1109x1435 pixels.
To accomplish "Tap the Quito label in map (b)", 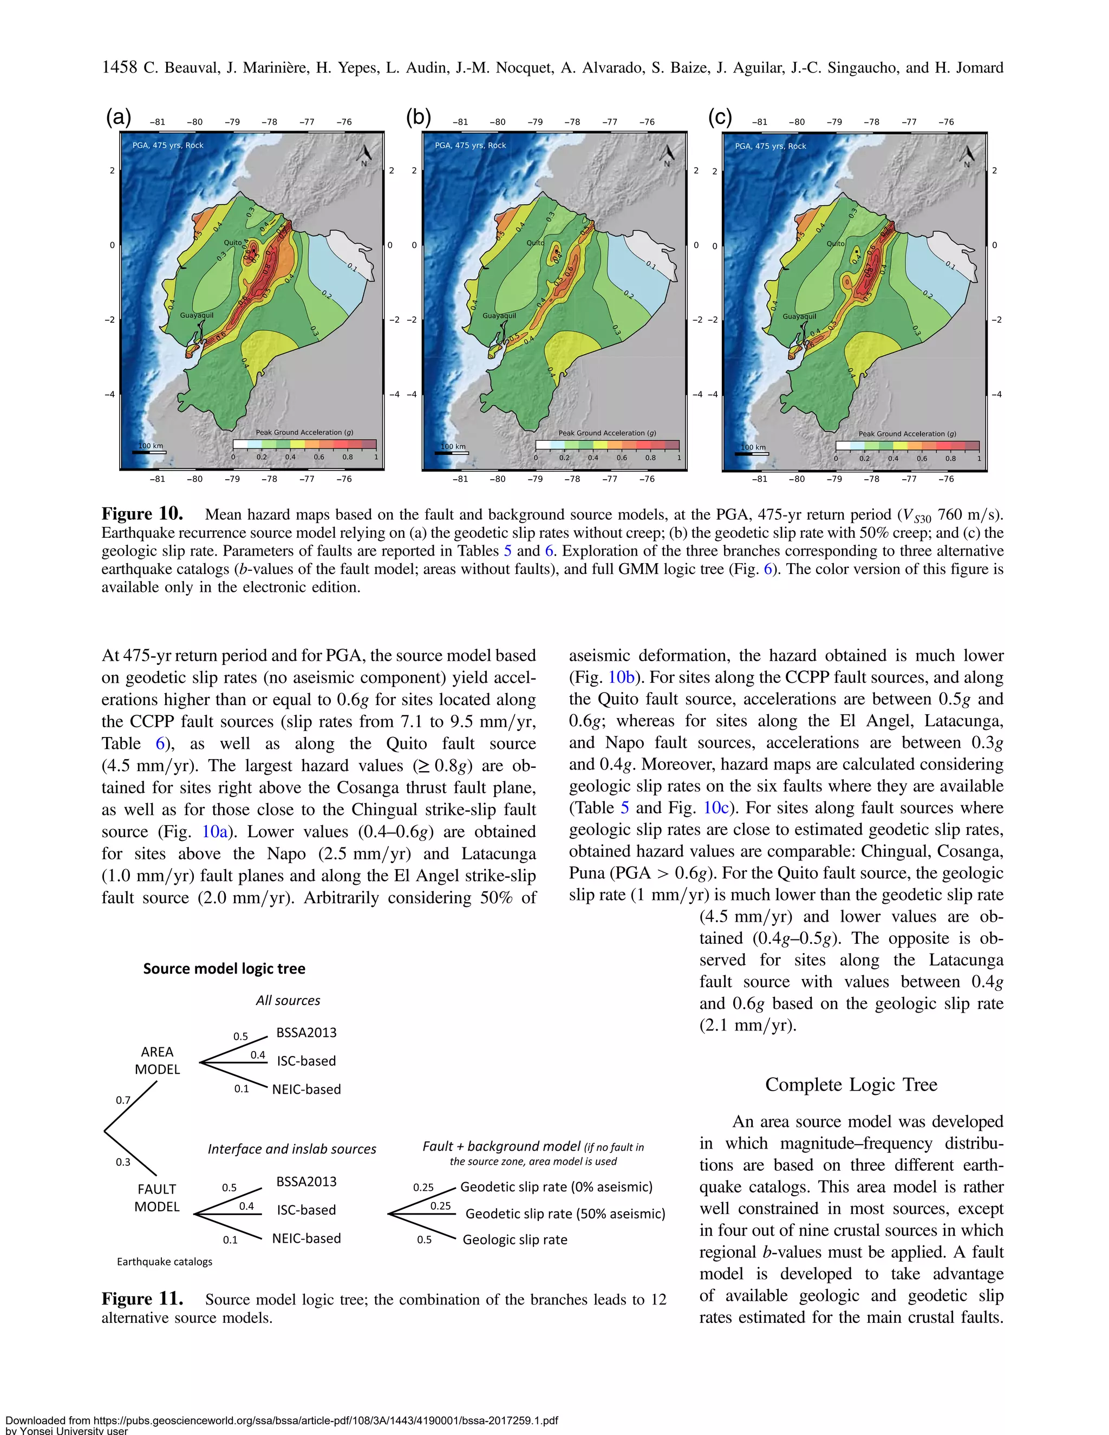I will click(535, 243).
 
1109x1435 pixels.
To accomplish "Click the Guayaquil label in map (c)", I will click(799, 316).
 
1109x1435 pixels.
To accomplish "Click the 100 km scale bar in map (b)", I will click(455, 452).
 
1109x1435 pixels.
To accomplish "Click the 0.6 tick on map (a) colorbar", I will click(318, 456).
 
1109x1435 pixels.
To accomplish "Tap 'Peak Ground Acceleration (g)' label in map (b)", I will click(607, 433).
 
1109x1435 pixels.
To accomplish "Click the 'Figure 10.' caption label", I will click(142, 514).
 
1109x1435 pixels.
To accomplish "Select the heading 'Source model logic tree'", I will click(224, 969).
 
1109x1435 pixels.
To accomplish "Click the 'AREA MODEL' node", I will click(157, 1060).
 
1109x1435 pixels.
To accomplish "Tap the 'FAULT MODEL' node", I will click(156, 1198).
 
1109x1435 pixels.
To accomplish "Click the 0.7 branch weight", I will click(123, 1100).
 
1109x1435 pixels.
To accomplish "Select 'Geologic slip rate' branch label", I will click(514, 1239).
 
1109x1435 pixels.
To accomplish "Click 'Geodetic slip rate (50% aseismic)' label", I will click(565, 1214).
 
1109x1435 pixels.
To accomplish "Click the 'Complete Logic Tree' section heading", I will click(851, 1084).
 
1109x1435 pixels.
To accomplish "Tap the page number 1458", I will click(119, 67).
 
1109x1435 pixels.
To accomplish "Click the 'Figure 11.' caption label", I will click(142, 1299).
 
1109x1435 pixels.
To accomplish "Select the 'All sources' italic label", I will click(288, 1001).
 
